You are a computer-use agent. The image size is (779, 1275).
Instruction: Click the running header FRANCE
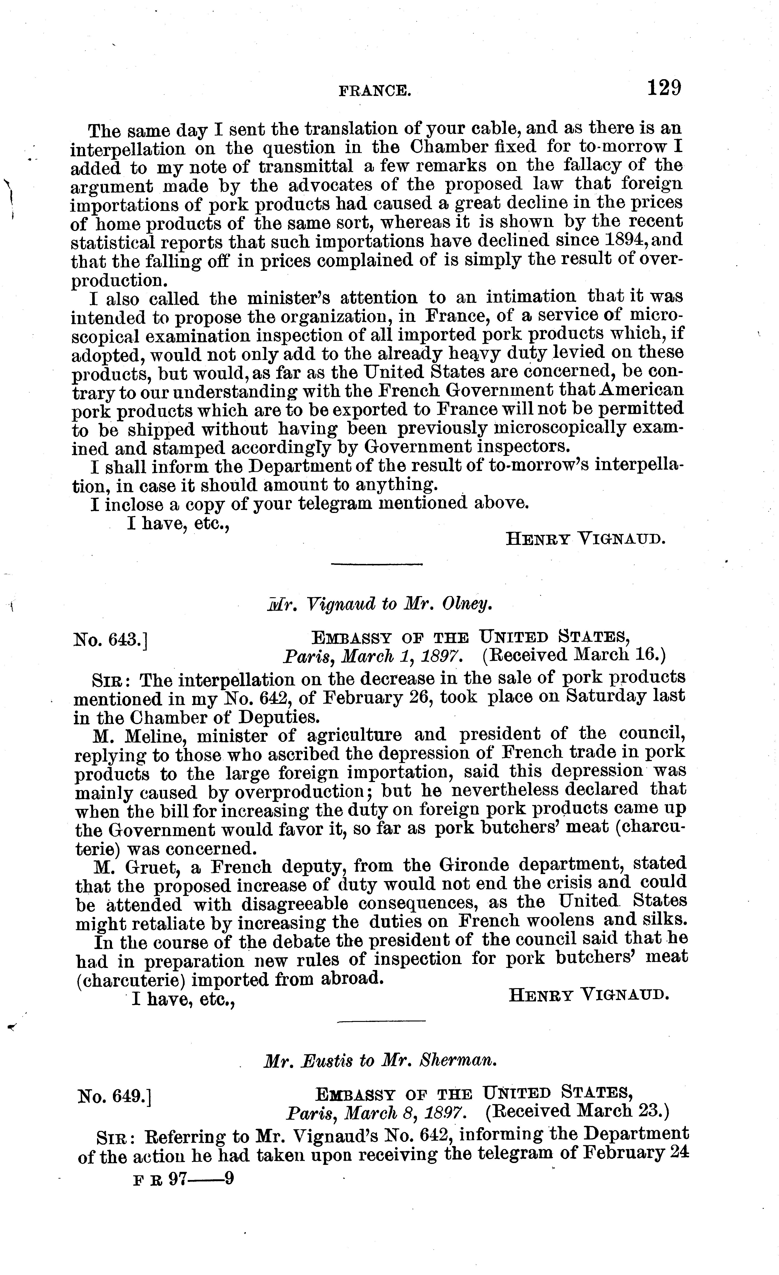pyautogui.click(x=375, y=92)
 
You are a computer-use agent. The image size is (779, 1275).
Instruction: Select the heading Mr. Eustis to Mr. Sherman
pyautogui.click(x=380, y=1061)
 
